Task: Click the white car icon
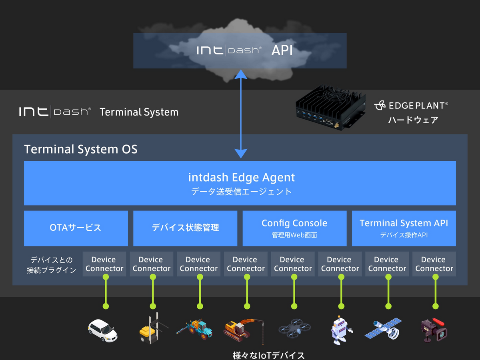click(102, 330)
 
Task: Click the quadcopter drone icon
click(294, 328)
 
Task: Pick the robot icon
click(341, 330)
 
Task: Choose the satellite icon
click(383, 329)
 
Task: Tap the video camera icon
click(434, 330)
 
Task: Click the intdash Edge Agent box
click(240, 183)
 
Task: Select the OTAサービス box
click(76, 228)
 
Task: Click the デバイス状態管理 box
click(185, 228)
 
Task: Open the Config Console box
click(294, 228)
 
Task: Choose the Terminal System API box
click(404, 228)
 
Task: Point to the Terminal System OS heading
click(81, 149)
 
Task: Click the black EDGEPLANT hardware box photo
click(330, 107)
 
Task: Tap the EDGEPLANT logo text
click(411, 106)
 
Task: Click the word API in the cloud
click(282, 50)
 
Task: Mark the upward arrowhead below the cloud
click(241, 74)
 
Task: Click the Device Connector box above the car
click(104, 264)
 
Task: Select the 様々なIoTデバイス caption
click(268, 355)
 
